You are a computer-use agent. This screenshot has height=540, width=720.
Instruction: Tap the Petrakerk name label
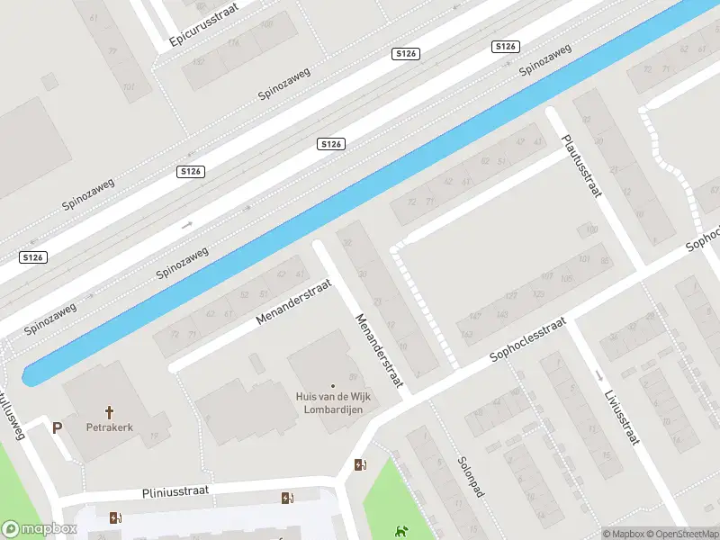coord(110,427)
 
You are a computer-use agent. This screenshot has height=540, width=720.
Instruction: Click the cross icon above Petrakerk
coord(110,412)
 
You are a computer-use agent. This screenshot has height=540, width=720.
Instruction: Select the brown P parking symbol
coord(58,428)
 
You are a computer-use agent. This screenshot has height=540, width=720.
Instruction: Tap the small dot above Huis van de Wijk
coord(332,386)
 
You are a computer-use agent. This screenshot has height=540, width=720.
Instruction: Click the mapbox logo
coord(38,529)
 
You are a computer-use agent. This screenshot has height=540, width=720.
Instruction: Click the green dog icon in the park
coord(400,532)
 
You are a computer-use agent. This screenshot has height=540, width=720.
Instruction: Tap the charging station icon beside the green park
coord(361,465)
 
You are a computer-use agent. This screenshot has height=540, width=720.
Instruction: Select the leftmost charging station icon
coord(114,517)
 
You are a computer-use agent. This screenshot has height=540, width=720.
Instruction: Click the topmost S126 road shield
coord(507,46)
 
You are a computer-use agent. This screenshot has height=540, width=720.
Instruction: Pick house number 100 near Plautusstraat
coord(591,230)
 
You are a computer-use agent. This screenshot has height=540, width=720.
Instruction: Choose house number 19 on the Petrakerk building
coord(154,437)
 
